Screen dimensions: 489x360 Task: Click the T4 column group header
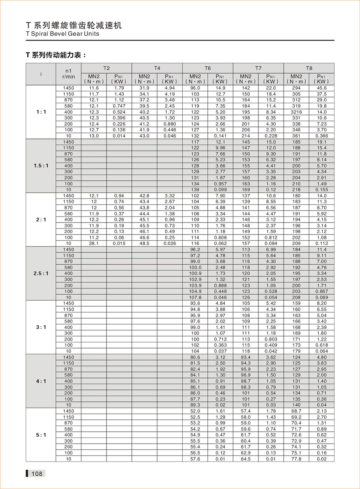point(157,68)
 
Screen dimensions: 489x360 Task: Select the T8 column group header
point(309,68)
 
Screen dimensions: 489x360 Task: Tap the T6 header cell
point(208,68)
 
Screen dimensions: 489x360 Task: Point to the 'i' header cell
point(41,74)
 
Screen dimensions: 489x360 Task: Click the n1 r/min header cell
point(69,74)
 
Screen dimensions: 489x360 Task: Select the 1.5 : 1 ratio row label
point(41,166)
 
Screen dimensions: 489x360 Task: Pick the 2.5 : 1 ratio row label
point(41,274)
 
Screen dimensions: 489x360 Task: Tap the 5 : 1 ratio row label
point(41,435)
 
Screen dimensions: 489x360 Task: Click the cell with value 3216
point(296,112)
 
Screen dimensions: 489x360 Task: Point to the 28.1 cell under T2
point(94,244)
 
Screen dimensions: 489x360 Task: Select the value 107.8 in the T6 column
point(195,297)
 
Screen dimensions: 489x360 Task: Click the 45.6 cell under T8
point(321,88)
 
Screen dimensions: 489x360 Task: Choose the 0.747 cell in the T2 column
point(119,106)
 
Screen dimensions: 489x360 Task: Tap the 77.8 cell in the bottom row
point(296,459)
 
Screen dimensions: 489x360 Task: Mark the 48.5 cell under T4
point(144,244)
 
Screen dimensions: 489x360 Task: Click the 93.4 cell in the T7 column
point(246,357)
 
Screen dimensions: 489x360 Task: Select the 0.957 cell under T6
point(220,184)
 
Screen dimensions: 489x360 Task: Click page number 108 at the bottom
point(37,474)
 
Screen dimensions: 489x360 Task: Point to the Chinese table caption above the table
point(56,55)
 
